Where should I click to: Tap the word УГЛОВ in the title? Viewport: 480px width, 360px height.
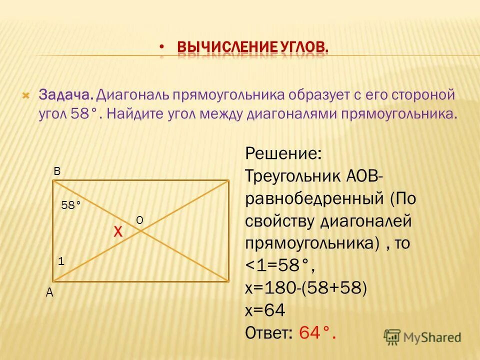(x=301, y=48)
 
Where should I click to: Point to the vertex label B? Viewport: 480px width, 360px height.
(x=57, y=171)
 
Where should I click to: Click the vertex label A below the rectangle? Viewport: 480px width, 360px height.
(x=49, y=293)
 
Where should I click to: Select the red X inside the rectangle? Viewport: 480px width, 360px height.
(x=118, y=231)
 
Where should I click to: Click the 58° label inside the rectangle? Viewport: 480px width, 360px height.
(x=71, y=204)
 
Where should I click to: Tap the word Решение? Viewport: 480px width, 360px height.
(x=283, y=153)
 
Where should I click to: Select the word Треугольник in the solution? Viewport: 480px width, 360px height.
(x=292, y=176)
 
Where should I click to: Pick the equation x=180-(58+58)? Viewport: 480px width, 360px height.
(x=306, y=288)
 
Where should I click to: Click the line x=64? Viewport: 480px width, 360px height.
(x=265, y=310)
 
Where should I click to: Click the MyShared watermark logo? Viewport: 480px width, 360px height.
(x=422, y=336)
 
